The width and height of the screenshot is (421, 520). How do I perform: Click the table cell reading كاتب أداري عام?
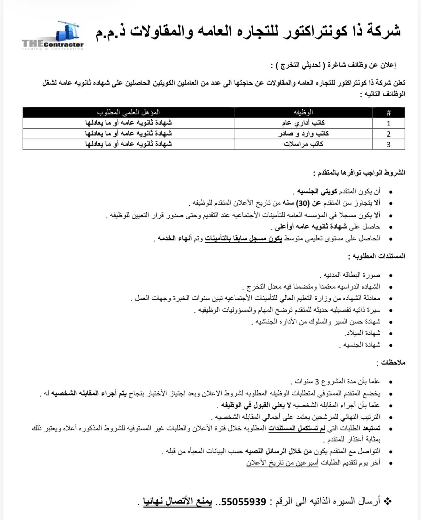303,123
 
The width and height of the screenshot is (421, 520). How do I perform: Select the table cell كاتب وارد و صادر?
303,134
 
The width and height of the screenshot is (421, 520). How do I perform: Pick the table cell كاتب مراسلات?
303,144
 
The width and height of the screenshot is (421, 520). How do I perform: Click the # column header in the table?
388,113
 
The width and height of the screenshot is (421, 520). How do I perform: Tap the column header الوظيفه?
303,112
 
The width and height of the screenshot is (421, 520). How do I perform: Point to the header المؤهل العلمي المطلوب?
128,112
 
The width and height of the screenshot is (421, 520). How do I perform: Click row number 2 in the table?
388,134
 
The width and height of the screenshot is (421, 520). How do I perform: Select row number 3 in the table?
388,144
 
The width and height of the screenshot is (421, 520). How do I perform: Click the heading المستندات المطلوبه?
377,256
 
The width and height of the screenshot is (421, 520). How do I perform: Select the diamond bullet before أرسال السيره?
387,501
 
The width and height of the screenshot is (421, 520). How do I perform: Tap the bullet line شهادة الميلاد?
362,333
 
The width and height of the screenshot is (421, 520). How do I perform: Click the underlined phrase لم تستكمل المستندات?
297,428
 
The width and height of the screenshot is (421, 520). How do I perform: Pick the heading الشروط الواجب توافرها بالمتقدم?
359,173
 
